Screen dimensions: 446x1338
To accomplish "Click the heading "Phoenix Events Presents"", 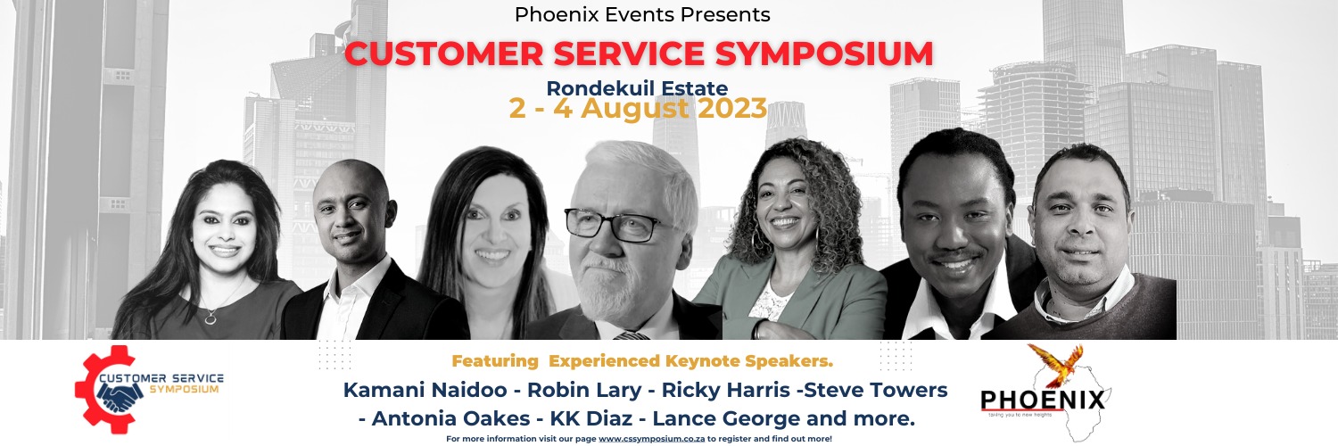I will point(641,15).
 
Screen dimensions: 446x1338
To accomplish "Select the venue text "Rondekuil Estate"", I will point(637,88).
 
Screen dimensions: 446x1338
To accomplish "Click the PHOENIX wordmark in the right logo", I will point(1042,399).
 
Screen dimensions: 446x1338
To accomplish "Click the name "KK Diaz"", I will point(599,417).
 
